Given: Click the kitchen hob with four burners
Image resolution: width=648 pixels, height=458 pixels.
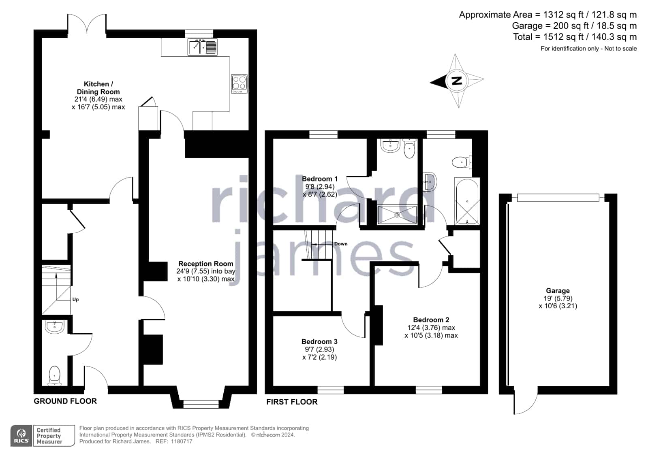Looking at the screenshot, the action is (x=239, y=84).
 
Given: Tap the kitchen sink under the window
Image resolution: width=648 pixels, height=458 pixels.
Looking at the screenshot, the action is (x=203, y=47).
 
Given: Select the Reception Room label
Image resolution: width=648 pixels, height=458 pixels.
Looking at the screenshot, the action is (x=206, y=264).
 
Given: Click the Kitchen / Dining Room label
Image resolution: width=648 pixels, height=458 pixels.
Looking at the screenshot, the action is (x=98, y=88).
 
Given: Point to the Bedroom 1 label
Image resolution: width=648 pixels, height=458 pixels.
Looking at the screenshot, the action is (x=320, y=179).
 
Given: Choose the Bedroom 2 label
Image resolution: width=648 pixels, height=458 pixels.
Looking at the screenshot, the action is (x=431, y=320).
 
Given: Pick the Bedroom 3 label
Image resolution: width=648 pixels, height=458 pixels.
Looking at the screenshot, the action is (x=319, y=341).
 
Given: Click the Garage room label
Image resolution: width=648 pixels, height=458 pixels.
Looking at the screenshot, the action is (x=558, y=291).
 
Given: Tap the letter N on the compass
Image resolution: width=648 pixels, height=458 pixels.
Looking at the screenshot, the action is (x=457, y=80).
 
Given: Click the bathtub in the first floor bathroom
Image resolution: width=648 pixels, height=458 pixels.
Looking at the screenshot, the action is (x=467, y=201).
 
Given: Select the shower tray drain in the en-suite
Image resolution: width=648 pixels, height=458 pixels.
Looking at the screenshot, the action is (x=397, y=215).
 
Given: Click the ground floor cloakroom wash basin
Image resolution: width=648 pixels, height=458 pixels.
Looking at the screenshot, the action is (x=54, y=327).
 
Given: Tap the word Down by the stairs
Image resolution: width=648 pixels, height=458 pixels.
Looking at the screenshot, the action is (x=341, y=244).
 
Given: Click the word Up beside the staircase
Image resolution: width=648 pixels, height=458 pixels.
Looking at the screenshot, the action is (x=75, y=300).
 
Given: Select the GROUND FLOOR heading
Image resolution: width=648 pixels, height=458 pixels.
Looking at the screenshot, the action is (x=65, y=401).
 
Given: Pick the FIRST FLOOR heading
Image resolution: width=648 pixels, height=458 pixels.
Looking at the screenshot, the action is (x=292, y=402).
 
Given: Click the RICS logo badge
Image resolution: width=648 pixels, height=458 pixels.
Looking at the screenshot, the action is (x=21, y=435).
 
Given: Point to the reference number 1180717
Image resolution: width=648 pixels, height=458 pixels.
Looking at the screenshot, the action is (x=182, y=441).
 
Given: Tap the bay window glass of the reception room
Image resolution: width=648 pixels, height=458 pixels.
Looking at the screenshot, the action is (x=201, y=404).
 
